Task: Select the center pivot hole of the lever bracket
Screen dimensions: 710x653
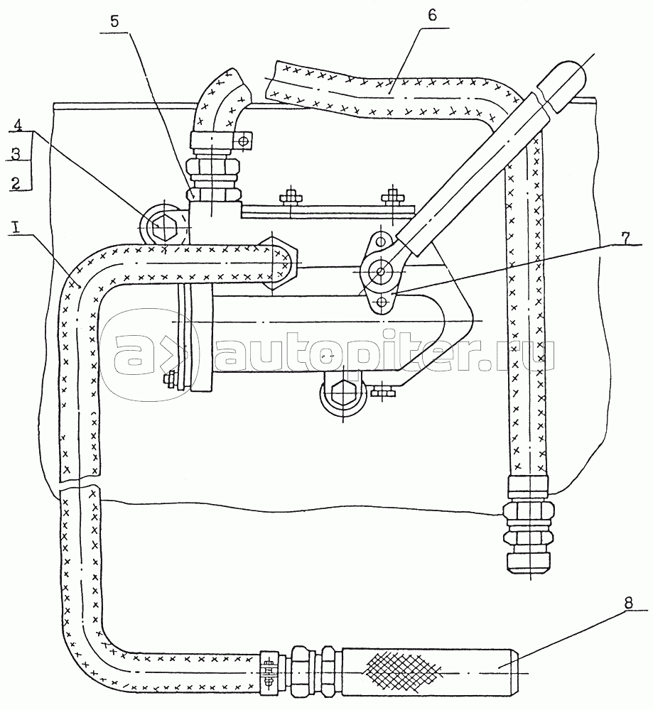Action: (x=382, y=271)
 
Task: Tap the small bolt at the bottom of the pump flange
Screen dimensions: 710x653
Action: (x=173, y=381)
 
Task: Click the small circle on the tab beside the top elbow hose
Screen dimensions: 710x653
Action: (x=243, y=141)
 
